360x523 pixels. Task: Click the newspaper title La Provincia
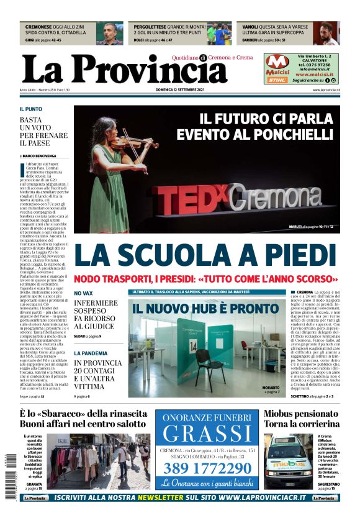tap(116, 69)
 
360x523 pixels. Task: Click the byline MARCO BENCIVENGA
tap(40, 156)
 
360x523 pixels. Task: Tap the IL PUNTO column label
tap(31, 109)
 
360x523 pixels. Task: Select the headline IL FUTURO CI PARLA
tap(266, 118)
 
